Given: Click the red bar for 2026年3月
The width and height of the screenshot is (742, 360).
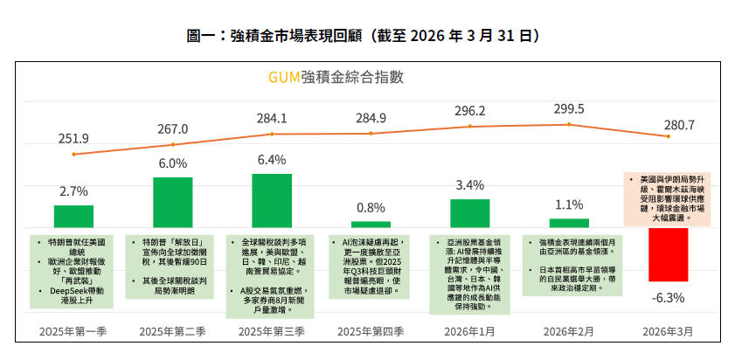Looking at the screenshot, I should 669,254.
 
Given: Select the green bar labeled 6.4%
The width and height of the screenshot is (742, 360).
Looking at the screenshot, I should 272,201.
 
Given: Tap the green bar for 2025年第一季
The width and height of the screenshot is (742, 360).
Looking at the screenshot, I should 73,217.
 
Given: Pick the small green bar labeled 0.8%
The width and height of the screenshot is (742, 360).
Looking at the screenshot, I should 371,225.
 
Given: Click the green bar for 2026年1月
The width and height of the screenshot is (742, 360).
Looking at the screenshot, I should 469,213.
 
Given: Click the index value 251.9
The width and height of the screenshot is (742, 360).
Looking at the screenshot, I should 73,139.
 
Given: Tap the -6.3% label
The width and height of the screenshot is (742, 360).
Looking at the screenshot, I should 668,297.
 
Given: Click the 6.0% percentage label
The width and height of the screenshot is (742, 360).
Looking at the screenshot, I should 172,163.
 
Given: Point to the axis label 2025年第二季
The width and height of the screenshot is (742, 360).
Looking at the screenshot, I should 172,331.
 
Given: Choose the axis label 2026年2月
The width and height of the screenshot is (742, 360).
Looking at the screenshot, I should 569,331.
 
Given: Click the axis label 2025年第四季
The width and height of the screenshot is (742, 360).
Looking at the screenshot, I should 371,331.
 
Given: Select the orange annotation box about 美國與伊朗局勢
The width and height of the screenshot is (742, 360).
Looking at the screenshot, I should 669,197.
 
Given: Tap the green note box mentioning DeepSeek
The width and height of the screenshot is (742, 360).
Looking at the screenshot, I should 73,271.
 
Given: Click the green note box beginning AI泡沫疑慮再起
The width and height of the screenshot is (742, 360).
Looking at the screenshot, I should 371,267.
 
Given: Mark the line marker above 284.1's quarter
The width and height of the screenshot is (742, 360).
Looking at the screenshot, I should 272,134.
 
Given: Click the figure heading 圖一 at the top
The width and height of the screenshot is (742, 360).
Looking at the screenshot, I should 203,36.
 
